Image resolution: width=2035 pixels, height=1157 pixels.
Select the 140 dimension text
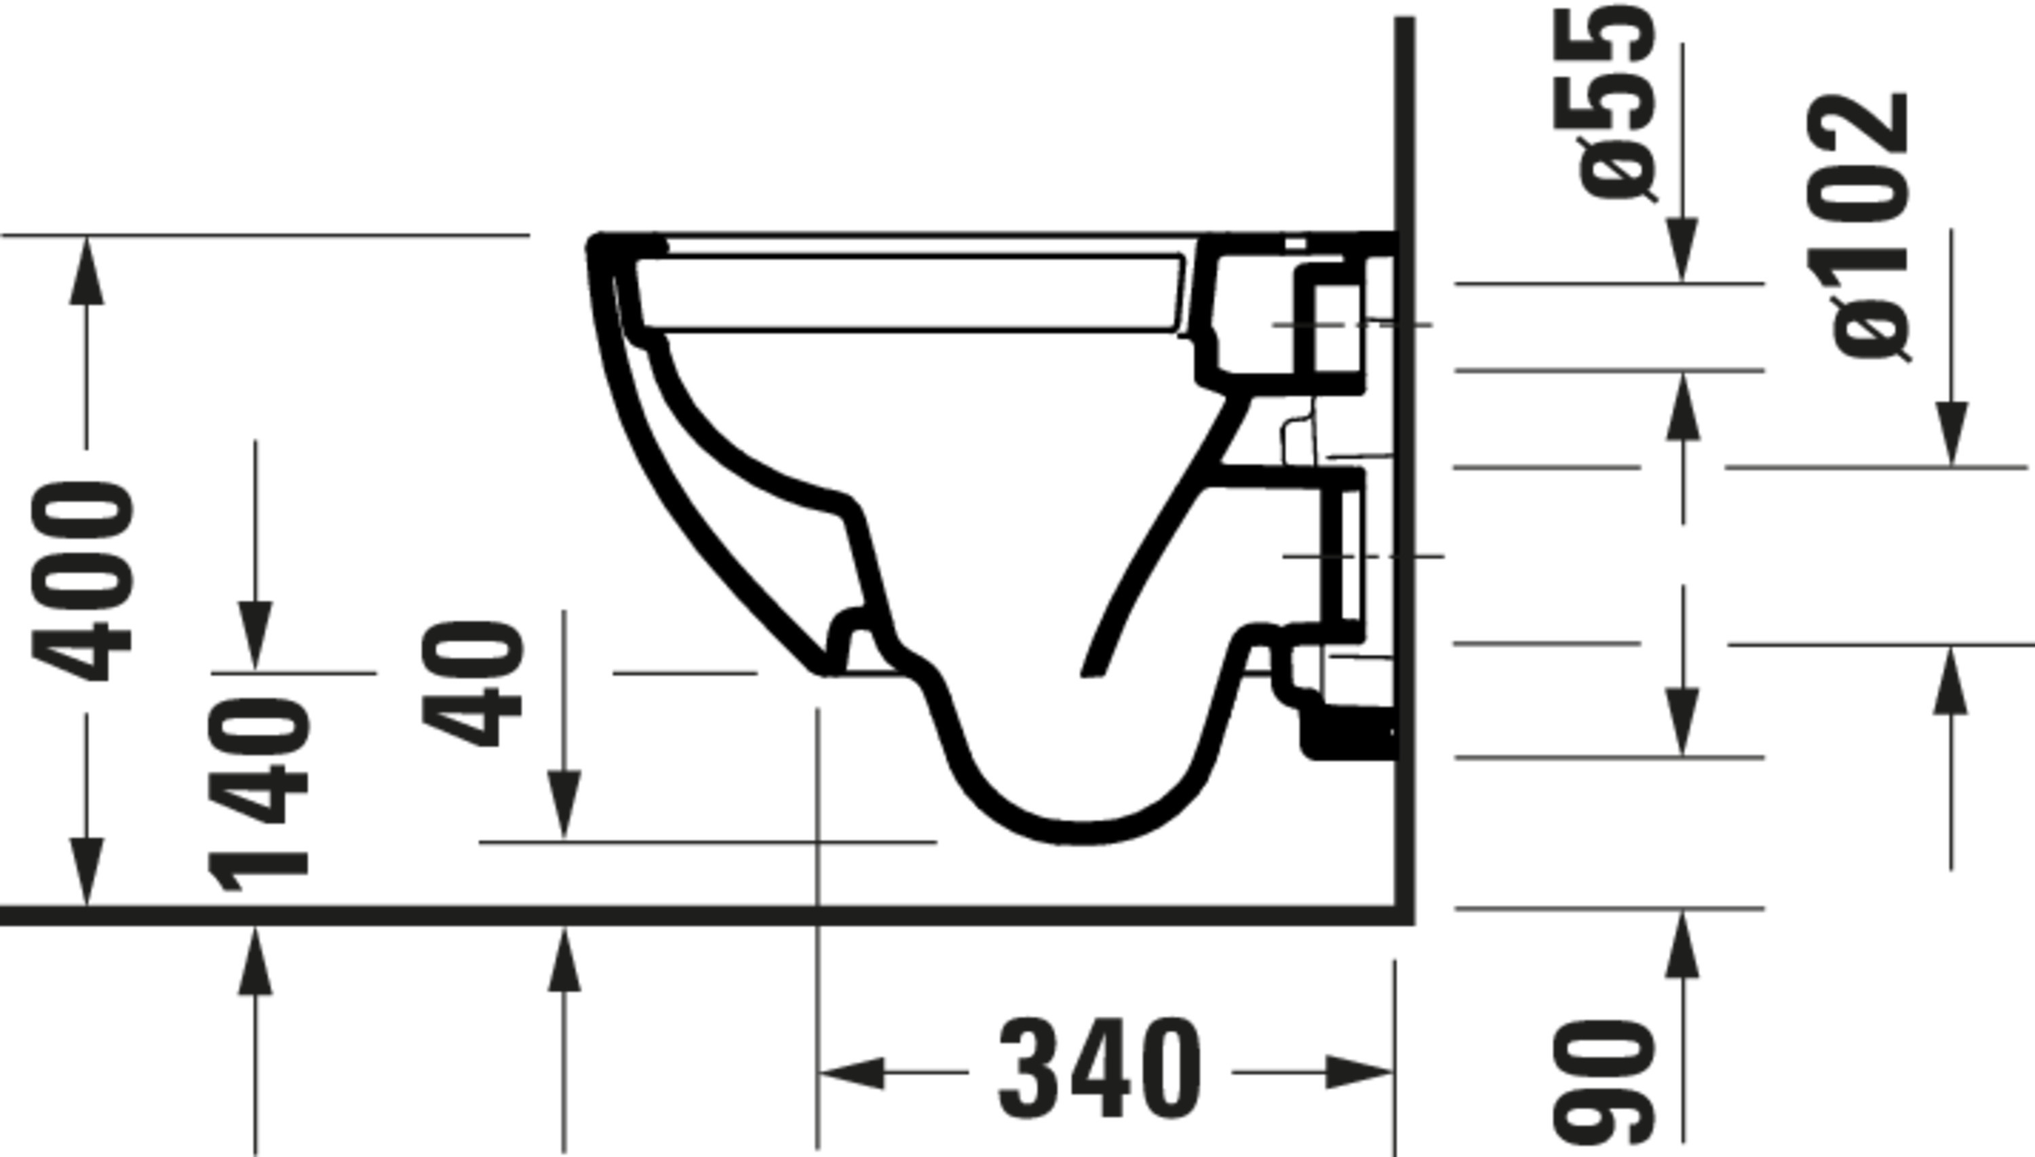tap(258, 795)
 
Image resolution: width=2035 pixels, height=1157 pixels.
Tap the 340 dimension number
tap(1099, 1070)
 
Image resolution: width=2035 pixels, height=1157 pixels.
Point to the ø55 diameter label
tap(1617, 103)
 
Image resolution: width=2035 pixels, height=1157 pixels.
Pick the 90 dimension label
tap(1604, 1082)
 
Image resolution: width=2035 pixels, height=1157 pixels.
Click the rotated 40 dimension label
tap(472, 684)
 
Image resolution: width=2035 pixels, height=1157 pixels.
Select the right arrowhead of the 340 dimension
tap(1359, 1073)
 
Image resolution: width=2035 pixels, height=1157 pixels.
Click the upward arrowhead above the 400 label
tap(87, 270)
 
